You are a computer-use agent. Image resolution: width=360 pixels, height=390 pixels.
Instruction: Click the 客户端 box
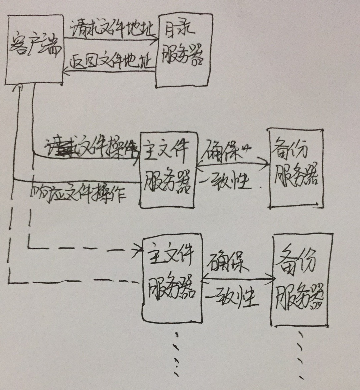pos(34,50)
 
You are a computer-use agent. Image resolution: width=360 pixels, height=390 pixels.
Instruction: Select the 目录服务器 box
pos(184,50)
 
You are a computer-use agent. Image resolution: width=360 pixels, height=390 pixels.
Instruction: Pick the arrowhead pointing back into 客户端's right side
pos(66,71)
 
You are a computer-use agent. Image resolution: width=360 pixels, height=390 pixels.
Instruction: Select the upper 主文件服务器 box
pos(167,174)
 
